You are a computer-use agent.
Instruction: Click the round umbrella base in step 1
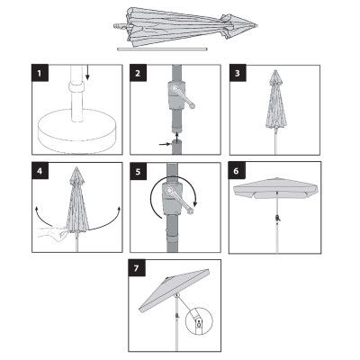click(x=76, y=131)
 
